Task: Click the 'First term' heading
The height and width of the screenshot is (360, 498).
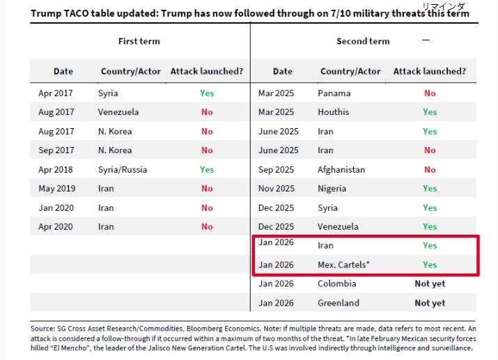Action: tap(139, 41)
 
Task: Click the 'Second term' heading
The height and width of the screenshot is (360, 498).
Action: tap(363, 41)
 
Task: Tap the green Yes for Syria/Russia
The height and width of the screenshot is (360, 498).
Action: tap(207, 169)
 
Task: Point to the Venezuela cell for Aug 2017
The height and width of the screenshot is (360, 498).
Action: tap(119, 112)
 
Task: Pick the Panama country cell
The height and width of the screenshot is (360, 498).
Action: tap(334, 93)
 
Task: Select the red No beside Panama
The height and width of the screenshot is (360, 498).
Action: tap(430, 93)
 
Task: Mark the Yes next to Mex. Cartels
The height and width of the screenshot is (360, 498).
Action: tap(430, 265)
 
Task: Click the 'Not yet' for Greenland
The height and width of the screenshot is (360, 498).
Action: tap(430, 303)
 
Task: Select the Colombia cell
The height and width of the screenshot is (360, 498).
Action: tap(337, 283)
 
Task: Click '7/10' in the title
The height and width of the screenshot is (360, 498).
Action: tap(348, 13)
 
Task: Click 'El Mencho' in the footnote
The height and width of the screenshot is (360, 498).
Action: tap(68, 347)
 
